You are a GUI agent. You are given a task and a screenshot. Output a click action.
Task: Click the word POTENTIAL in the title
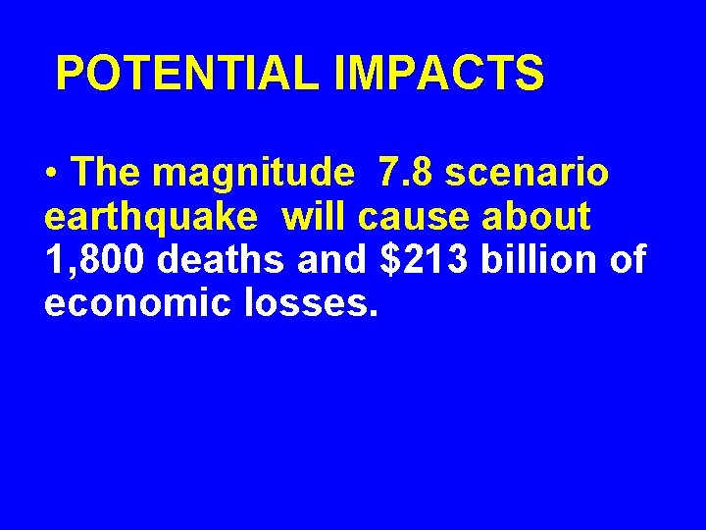(x=187, y=74)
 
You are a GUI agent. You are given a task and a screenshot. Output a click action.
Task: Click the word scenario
(x=527, y=173)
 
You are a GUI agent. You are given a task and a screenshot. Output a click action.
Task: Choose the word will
(x=313, y=216)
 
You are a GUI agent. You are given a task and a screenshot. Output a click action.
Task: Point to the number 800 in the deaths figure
(x=116, y=260)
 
